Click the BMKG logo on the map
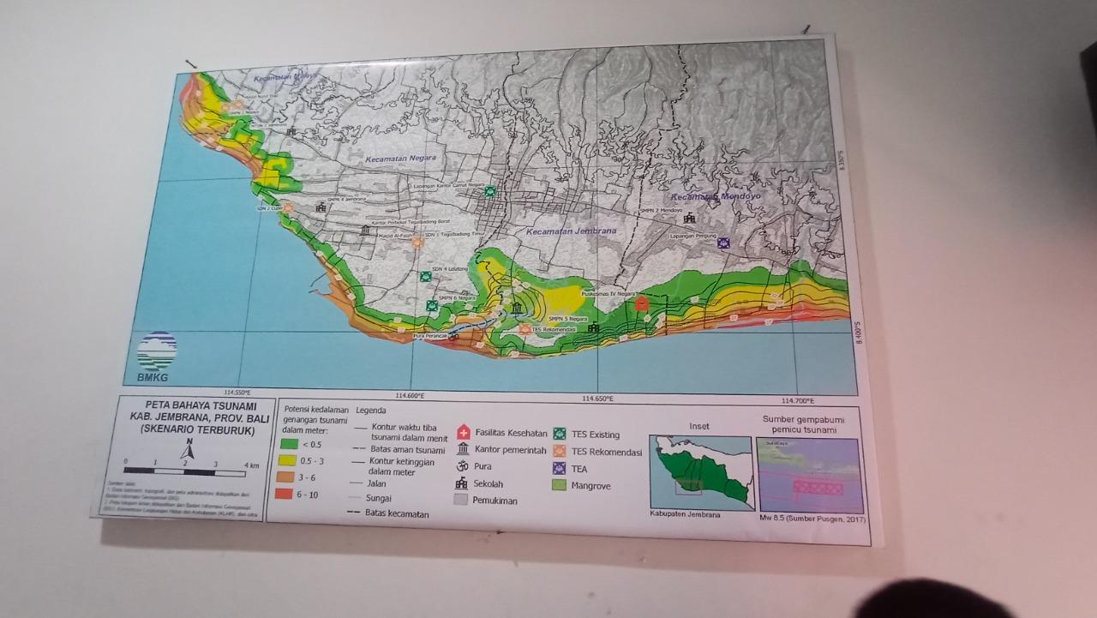pos(156,355)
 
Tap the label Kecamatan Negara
pos(400,159)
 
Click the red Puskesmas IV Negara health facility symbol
pos(641,303)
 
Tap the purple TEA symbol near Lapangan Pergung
pos(723,243)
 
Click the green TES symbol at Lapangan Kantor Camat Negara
pos(489,191)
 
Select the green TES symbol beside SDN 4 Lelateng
pos(425,277)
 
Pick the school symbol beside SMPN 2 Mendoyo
pos(689,219)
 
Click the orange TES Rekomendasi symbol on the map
pos(525,328)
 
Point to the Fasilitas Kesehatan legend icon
pos(464,433)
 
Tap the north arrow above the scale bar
pos(189,448)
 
